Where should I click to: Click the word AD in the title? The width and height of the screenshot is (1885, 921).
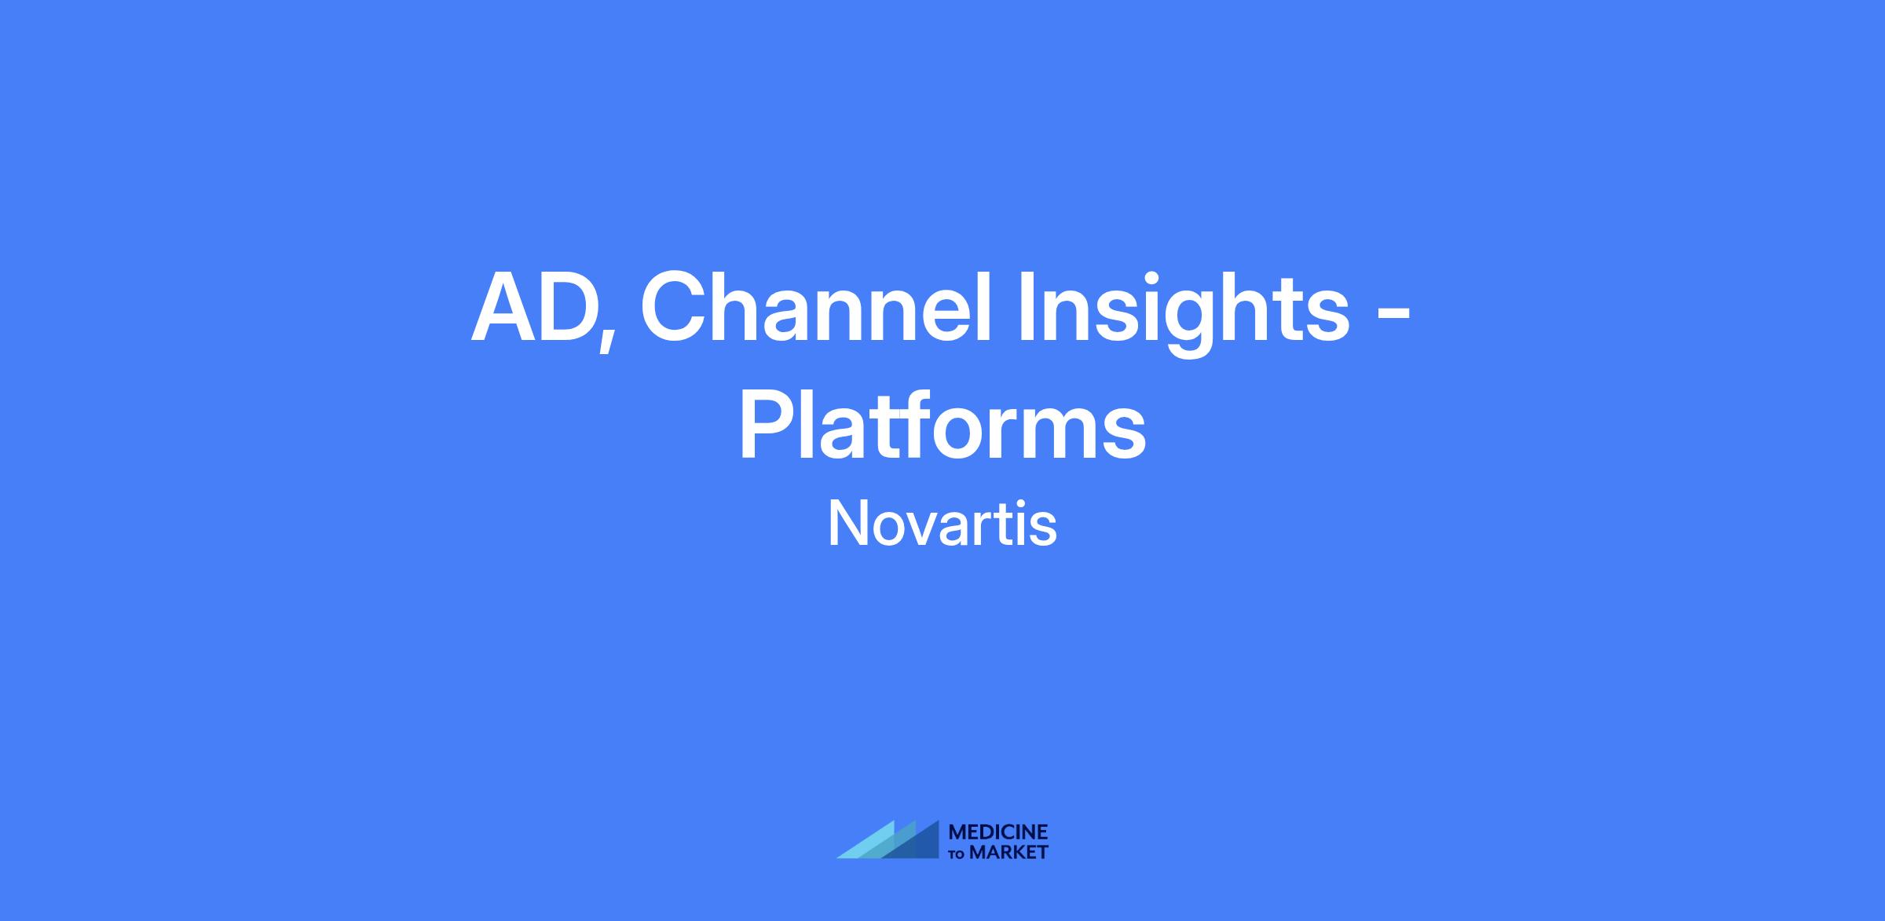(537, 308)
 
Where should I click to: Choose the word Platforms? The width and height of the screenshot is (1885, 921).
(942, 425)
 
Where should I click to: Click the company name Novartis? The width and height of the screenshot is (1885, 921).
(942, 524)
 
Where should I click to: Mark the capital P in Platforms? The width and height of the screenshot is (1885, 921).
(768, 424)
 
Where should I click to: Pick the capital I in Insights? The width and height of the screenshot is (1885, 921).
(1027, 308)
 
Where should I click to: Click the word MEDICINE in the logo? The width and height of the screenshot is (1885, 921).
(998, 832)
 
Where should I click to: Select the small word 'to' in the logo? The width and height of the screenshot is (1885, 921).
(957, 853)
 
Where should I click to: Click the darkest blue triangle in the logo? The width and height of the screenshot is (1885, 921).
(919, 845)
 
